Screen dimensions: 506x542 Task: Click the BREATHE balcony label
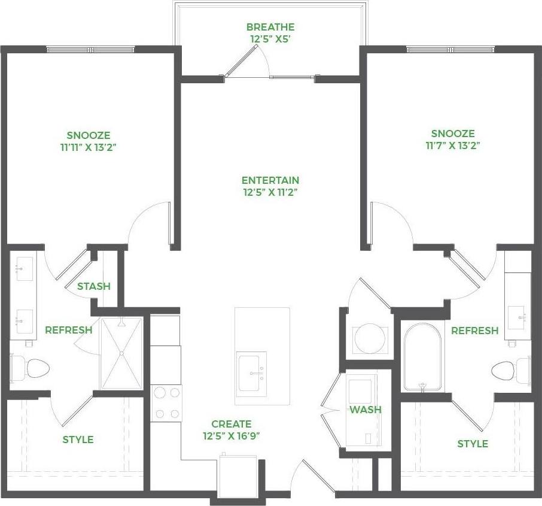pyautogui.click(x=270, y=28)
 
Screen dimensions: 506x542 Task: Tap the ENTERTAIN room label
pyautogui.click(x=270, y=180)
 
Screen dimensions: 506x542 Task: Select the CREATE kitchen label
pyautogui.click(x=227, y=424)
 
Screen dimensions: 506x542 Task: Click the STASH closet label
pyautogui.click(x=94, y=286)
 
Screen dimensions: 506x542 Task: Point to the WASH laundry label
pyautogui.click(x=366, y=410)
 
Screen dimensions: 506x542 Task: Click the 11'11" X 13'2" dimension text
pyautogui.click(x=89, y=147)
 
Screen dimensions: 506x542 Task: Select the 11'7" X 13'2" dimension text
pyautogui.click(x=453, y=145)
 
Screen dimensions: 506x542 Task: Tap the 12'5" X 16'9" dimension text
pyautogui.click(x=227, y=436)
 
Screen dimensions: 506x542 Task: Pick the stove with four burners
pyautogui.click(x=166, y=402)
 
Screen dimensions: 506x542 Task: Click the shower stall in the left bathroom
pyautogui.click(x=121, y=353)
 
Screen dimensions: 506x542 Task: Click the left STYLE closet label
pyautogui.click(x=78, y=440)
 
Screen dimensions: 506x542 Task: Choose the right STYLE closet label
pyautogui.click(x=473, y=444)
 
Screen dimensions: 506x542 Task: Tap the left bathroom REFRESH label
pyautogui.click(x=69, y=330)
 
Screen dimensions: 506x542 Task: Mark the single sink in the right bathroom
pyautogui.click(x=517, y=313)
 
